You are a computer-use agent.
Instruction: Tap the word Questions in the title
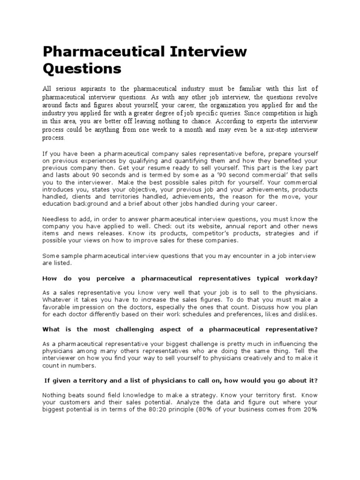click(82, 69)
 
